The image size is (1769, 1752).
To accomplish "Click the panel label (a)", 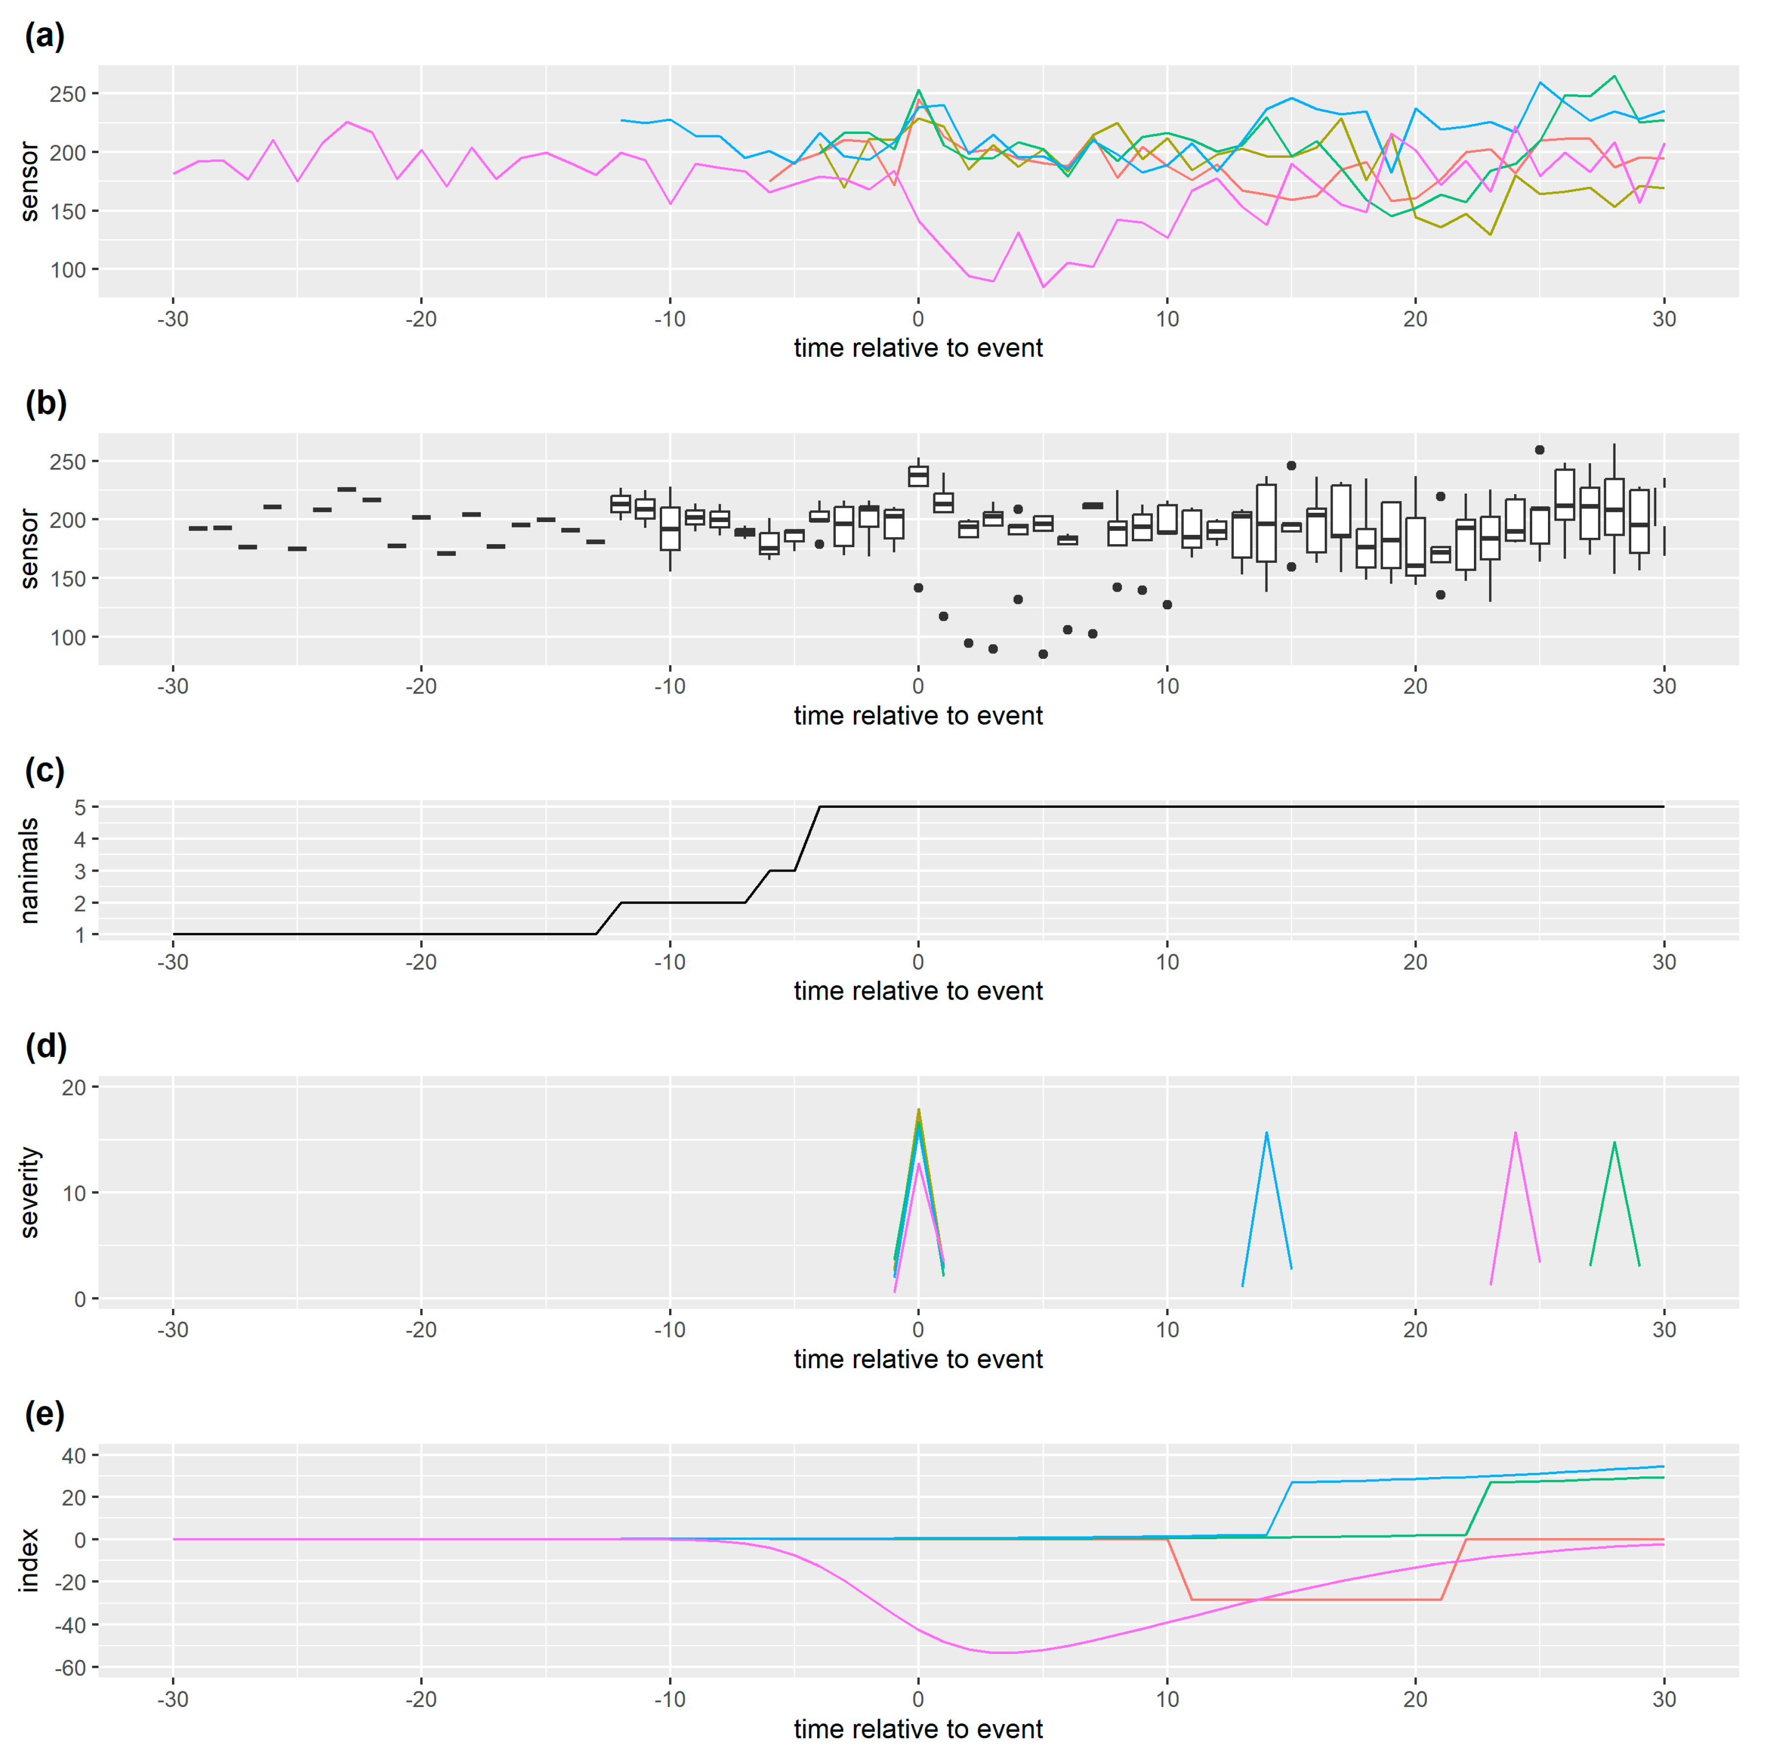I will click(44, 37).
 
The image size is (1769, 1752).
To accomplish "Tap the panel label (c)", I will click(44, 771).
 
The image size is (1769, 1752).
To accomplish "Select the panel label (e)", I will click(44, 1415).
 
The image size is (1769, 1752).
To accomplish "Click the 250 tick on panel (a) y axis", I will click(67, 94).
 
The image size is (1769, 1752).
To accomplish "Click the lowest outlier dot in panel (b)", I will click(1043, 654).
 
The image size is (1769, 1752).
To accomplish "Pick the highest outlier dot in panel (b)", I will click(1539, 450).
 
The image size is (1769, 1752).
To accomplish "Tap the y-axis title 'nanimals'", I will click(29, 870).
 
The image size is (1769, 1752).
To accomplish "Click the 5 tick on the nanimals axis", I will click(80, 807).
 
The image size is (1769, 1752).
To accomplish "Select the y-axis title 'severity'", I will click(29, 1192).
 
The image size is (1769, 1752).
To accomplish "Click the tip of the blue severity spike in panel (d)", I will click(1266, 1133).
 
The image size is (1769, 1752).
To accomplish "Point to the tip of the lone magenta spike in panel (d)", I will click(1516, 1133).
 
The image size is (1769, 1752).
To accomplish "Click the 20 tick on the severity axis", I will click(73, 1087).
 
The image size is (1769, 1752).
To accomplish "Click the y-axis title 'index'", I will click(29, 1561).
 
